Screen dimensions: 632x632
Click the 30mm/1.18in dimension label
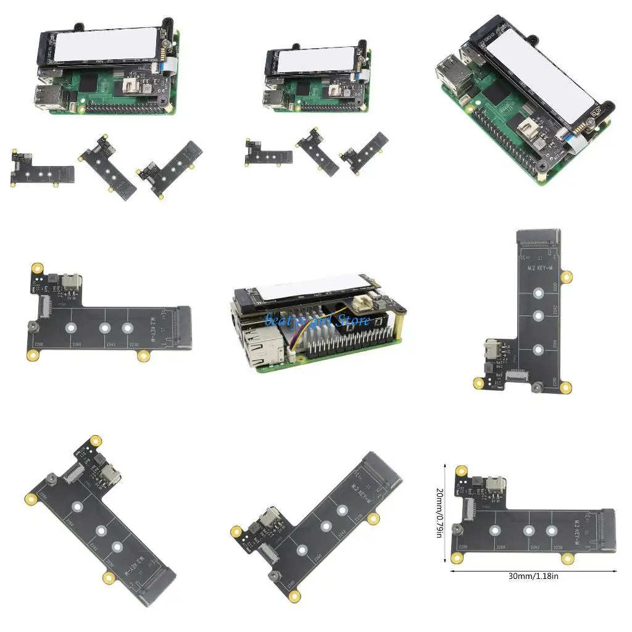534,576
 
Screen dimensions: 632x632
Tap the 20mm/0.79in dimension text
439,513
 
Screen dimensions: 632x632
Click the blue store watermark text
318,320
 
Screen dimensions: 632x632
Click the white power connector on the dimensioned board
496,483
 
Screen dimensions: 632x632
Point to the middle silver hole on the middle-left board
106,328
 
